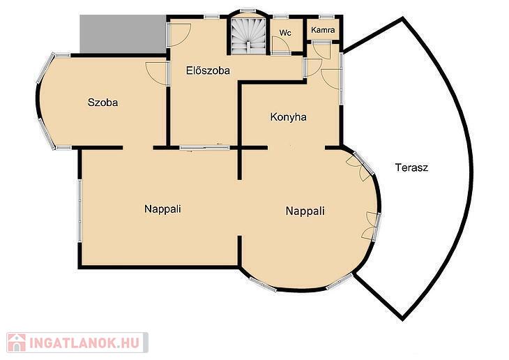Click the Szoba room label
pyautogui.click(x=103, y=103)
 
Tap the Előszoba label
pyautogui.click(x=208, y=70)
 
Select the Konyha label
pyautogui.click(x=288, y=117)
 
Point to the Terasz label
pyautogui.click(x=411, y=167)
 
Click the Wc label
pyautogui.click(x=285, y=33)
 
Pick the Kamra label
pyautogui.click(x=323, y=30)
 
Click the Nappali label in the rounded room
pyautogui.click(x=305, y=211)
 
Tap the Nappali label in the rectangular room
pyautogui.click(x=162, y=209)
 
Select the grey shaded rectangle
pyautogui.click(x=123, y=34)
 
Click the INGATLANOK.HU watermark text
pyautogui.click(x=84, y=343)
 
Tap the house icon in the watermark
pyautogui.click(x=17, y=343)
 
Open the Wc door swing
pyautogui.click(x=280, y=45)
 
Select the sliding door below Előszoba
pyautogui.click(x=205, y=148)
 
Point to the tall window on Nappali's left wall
pyautogui.click(x=79, y=211)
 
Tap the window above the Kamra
pyautogui.click(x=326, y=17)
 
